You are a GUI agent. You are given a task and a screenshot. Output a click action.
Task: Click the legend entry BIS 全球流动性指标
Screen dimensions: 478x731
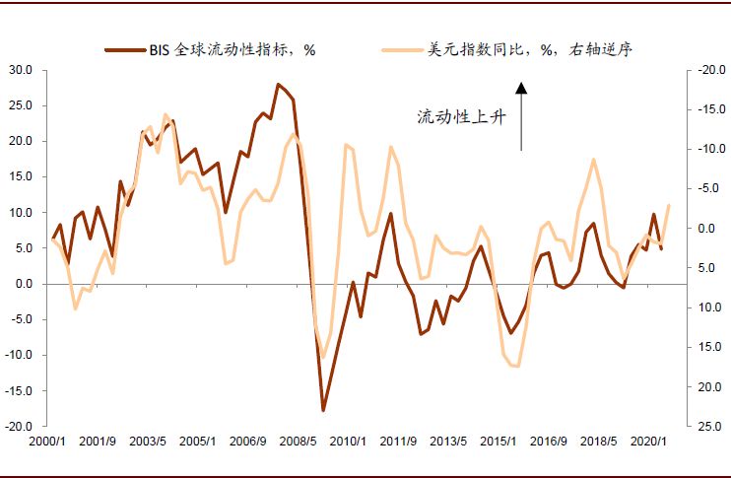coord(232,48)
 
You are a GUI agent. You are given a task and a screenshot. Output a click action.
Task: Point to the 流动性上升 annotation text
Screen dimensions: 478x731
coord(460,117)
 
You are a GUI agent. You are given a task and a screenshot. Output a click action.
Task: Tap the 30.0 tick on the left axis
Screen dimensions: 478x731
coord(21,70)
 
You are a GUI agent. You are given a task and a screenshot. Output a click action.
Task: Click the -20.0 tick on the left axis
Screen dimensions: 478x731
coord(19,427)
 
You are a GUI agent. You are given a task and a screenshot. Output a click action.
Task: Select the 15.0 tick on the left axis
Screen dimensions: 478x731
coord(21,177)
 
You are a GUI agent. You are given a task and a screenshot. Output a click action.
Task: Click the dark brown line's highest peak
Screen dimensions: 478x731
coord(278,84)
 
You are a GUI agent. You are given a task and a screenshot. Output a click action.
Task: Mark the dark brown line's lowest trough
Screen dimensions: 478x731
coord(323,410)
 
